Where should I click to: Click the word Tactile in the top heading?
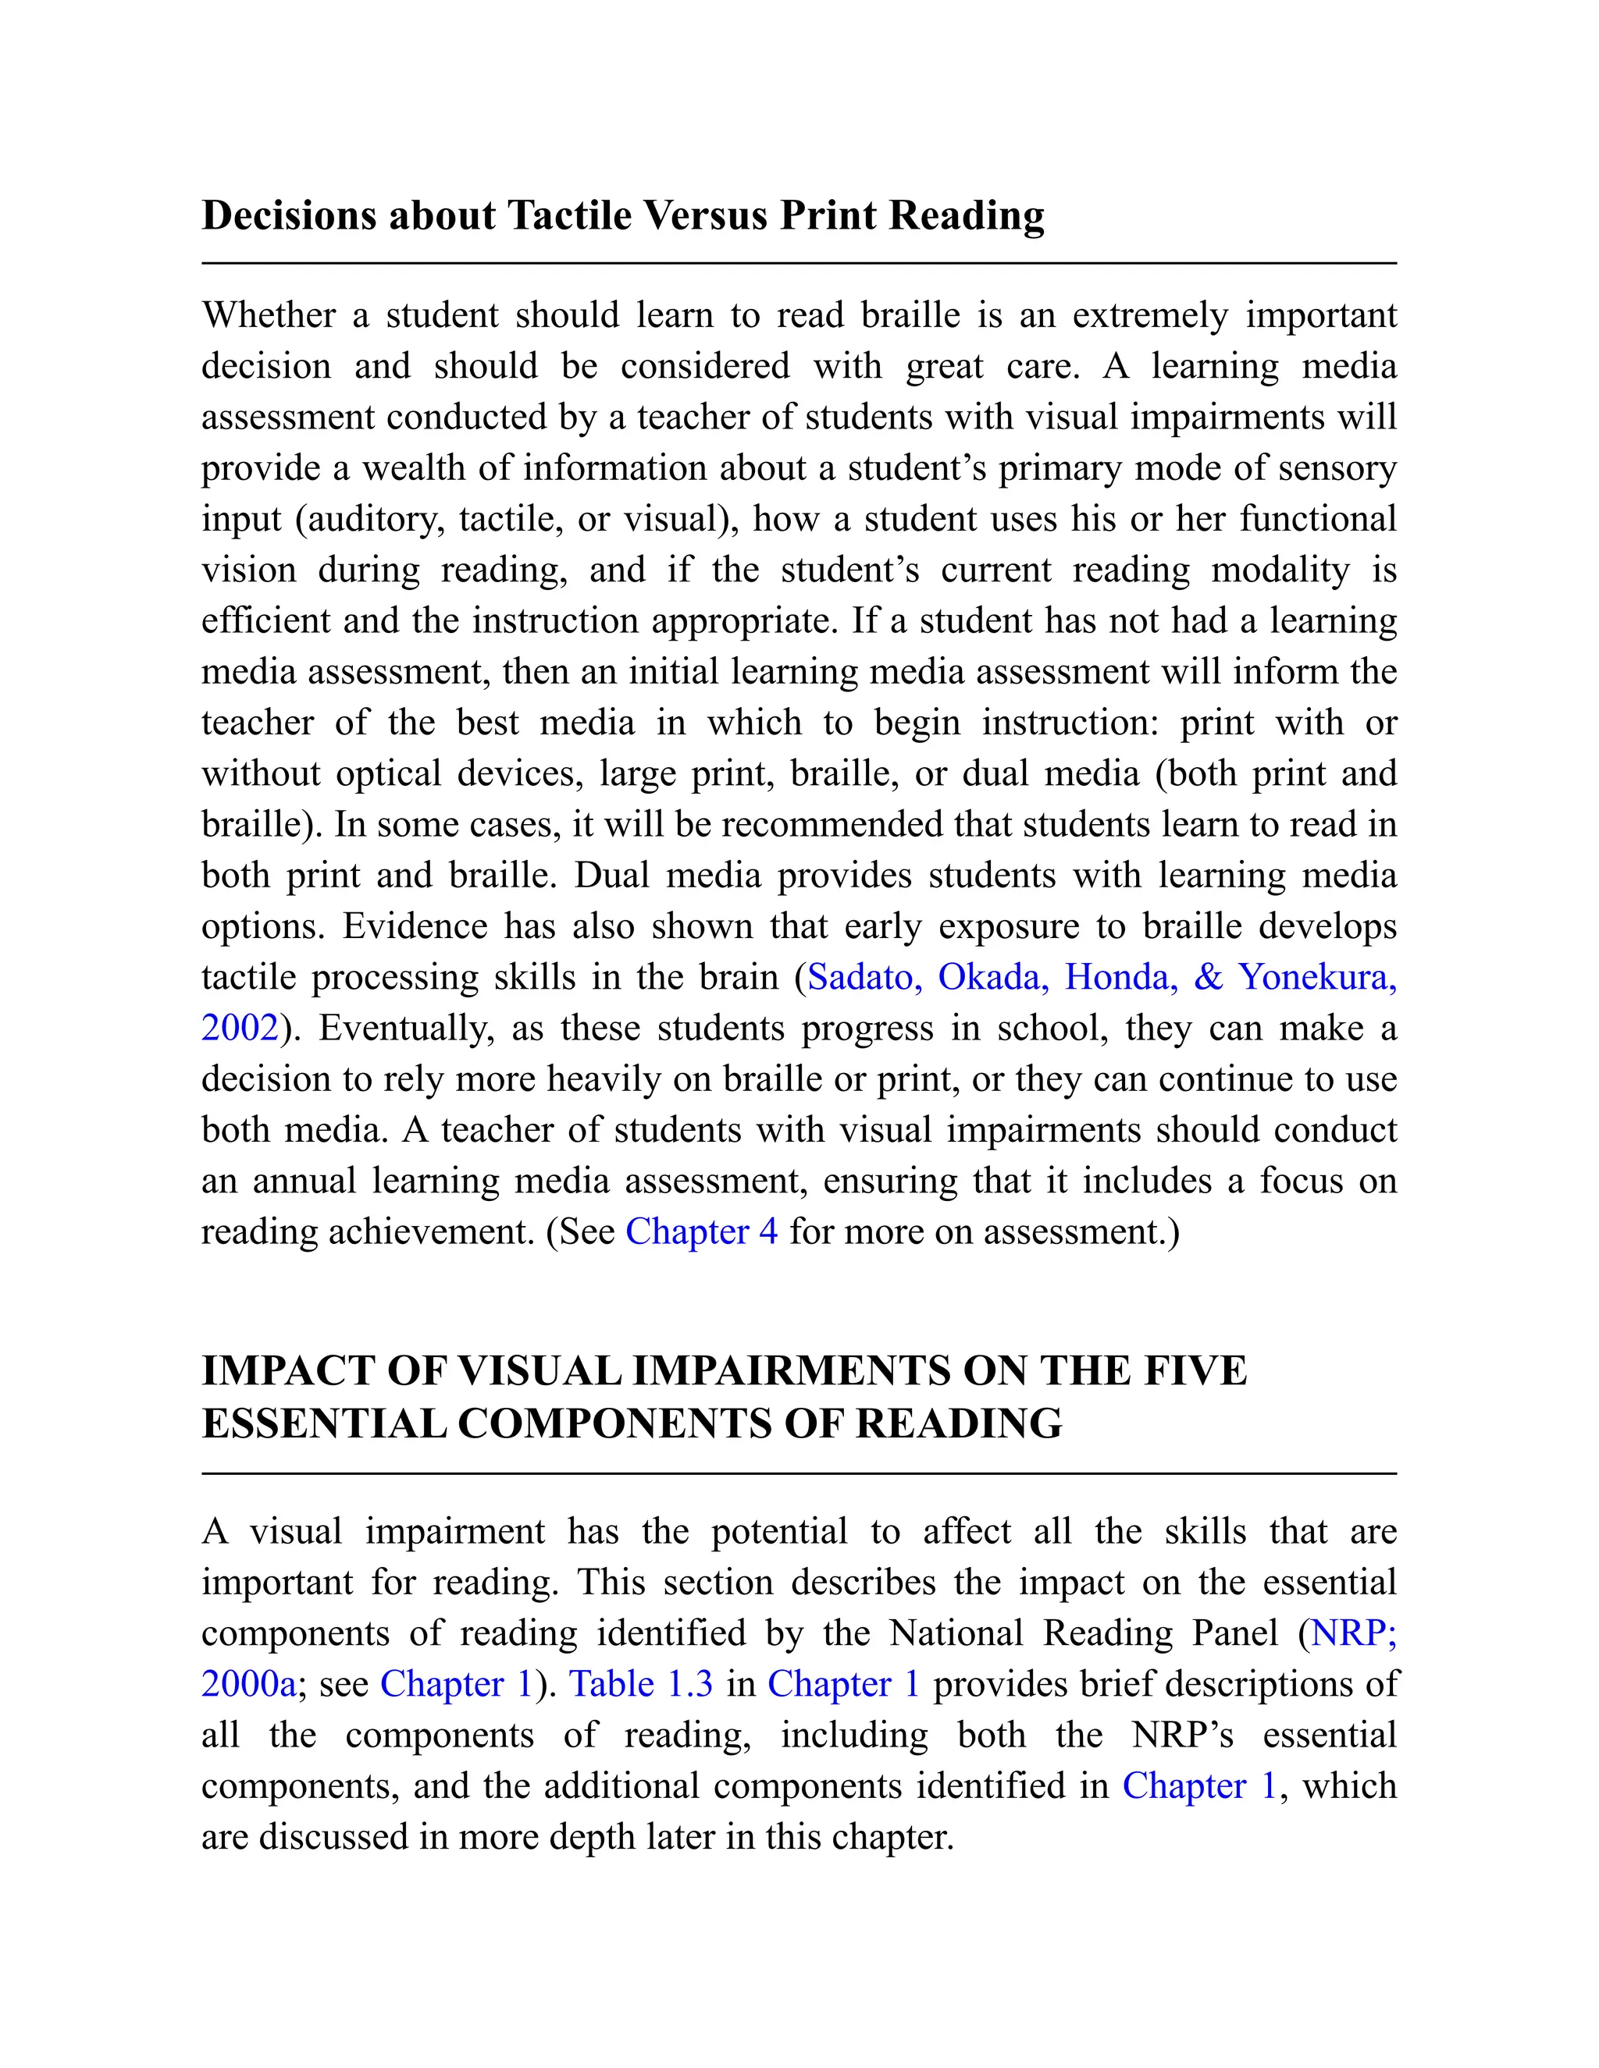click(x=570, y=216)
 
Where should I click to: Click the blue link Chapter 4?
click(x=701, y=1232)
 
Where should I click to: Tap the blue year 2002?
click(x=240, y=1029)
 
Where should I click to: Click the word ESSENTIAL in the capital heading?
click(x=323, y=1423)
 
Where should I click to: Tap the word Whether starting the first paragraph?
click(x=268, y=315)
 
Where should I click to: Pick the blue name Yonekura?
click(x=1316, y=977)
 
